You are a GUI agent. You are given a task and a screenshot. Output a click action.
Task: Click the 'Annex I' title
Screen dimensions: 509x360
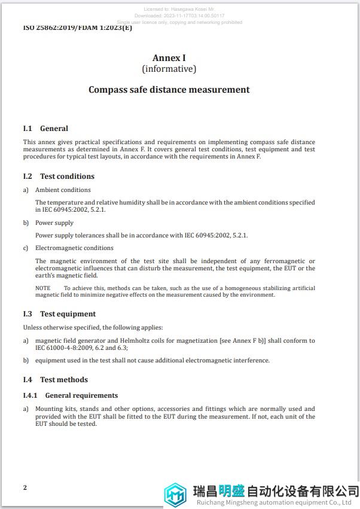169,58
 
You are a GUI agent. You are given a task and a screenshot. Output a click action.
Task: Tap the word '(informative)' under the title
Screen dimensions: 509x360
169,69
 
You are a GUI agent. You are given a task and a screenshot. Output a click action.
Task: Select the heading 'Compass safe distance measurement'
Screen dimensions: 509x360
169,90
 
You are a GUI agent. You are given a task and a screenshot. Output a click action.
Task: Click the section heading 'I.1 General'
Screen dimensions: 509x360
45,129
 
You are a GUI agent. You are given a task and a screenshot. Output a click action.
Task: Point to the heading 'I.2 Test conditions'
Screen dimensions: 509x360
59,176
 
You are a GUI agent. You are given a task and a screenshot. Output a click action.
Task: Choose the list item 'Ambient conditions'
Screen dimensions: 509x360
63,190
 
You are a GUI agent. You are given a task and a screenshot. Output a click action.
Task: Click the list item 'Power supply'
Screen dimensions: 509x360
54,223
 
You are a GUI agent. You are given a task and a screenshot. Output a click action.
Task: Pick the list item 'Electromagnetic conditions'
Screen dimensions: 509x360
74,248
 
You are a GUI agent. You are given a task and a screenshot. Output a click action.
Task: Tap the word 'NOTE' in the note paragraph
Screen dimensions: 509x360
42,288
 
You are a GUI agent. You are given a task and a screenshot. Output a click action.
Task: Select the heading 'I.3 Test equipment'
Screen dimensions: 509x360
59,314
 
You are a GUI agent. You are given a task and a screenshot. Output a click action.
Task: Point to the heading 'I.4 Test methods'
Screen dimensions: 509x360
55,380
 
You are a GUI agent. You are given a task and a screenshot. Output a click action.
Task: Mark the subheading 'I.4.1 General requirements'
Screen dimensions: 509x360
71,395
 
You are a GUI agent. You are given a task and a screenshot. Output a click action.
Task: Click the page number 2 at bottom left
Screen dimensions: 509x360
25,487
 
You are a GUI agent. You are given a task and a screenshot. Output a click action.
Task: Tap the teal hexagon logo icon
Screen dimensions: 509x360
176,495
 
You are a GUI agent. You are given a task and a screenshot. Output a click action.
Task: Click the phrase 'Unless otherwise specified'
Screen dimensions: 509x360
62,328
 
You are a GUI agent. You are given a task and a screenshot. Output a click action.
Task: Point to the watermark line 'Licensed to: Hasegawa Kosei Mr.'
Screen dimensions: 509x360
179,10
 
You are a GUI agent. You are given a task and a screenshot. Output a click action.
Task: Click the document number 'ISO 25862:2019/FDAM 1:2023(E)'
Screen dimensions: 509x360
78,28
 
